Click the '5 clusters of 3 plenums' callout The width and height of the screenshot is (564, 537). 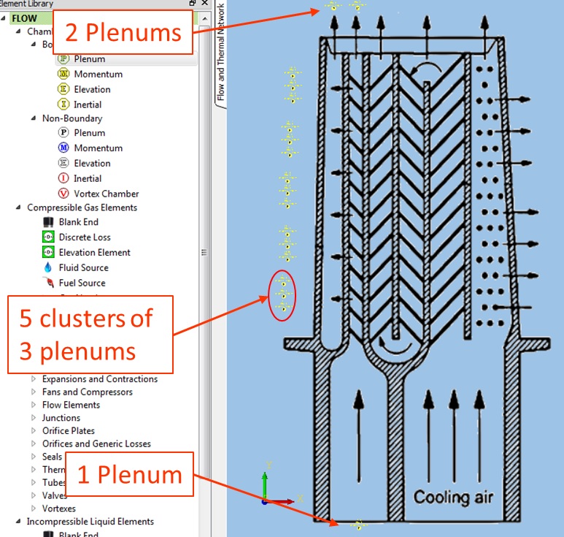(90, 334)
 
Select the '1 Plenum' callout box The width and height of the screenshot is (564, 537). (129, 474)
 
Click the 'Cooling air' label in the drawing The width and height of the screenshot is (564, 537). (453, 498)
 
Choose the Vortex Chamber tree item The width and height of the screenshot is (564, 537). (106, 194)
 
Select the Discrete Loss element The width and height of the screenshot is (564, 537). (85, 237)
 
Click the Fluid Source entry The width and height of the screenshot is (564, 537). (83, 267)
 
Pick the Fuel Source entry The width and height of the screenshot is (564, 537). (82, 283)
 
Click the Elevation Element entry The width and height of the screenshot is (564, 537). (94, 252)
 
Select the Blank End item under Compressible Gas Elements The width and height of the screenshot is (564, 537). (78, 221)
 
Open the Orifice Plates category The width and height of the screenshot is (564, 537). (68, 431)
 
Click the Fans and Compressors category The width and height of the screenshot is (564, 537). (87, 392)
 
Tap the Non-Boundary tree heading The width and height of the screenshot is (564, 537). (72, 118)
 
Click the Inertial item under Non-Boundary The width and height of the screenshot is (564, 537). (88, 178)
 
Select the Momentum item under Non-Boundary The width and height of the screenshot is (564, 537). (98, 148)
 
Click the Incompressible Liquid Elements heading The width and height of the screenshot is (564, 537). (90, 522)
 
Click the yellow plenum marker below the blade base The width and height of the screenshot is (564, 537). (358, 524)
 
